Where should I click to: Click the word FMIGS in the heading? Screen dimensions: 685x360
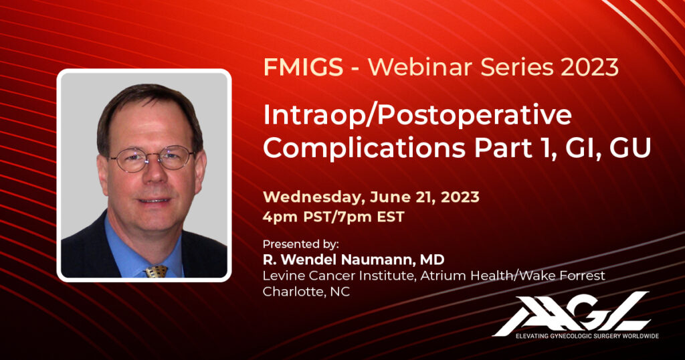click(303, 68)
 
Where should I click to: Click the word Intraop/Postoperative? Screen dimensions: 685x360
click(417, 115)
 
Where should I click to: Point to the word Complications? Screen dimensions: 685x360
click(365, 149)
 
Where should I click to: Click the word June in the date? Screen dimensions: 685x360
click(388, 197)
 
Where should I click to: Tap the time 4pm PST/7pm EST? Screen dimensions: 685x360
click(333, 217)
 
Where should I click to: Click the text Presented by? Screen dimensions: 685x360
click(301, 244)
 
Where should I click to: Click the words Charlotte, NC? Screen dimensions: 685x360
click(306, 292)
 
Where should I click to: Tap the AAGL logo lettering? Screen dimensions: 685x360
click(572, 312)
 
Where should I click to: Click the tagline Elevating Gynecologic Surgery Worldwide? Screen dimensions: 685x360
click(587, 336)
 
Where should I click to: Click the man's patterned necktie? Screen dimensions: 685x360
click(157, 271)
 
